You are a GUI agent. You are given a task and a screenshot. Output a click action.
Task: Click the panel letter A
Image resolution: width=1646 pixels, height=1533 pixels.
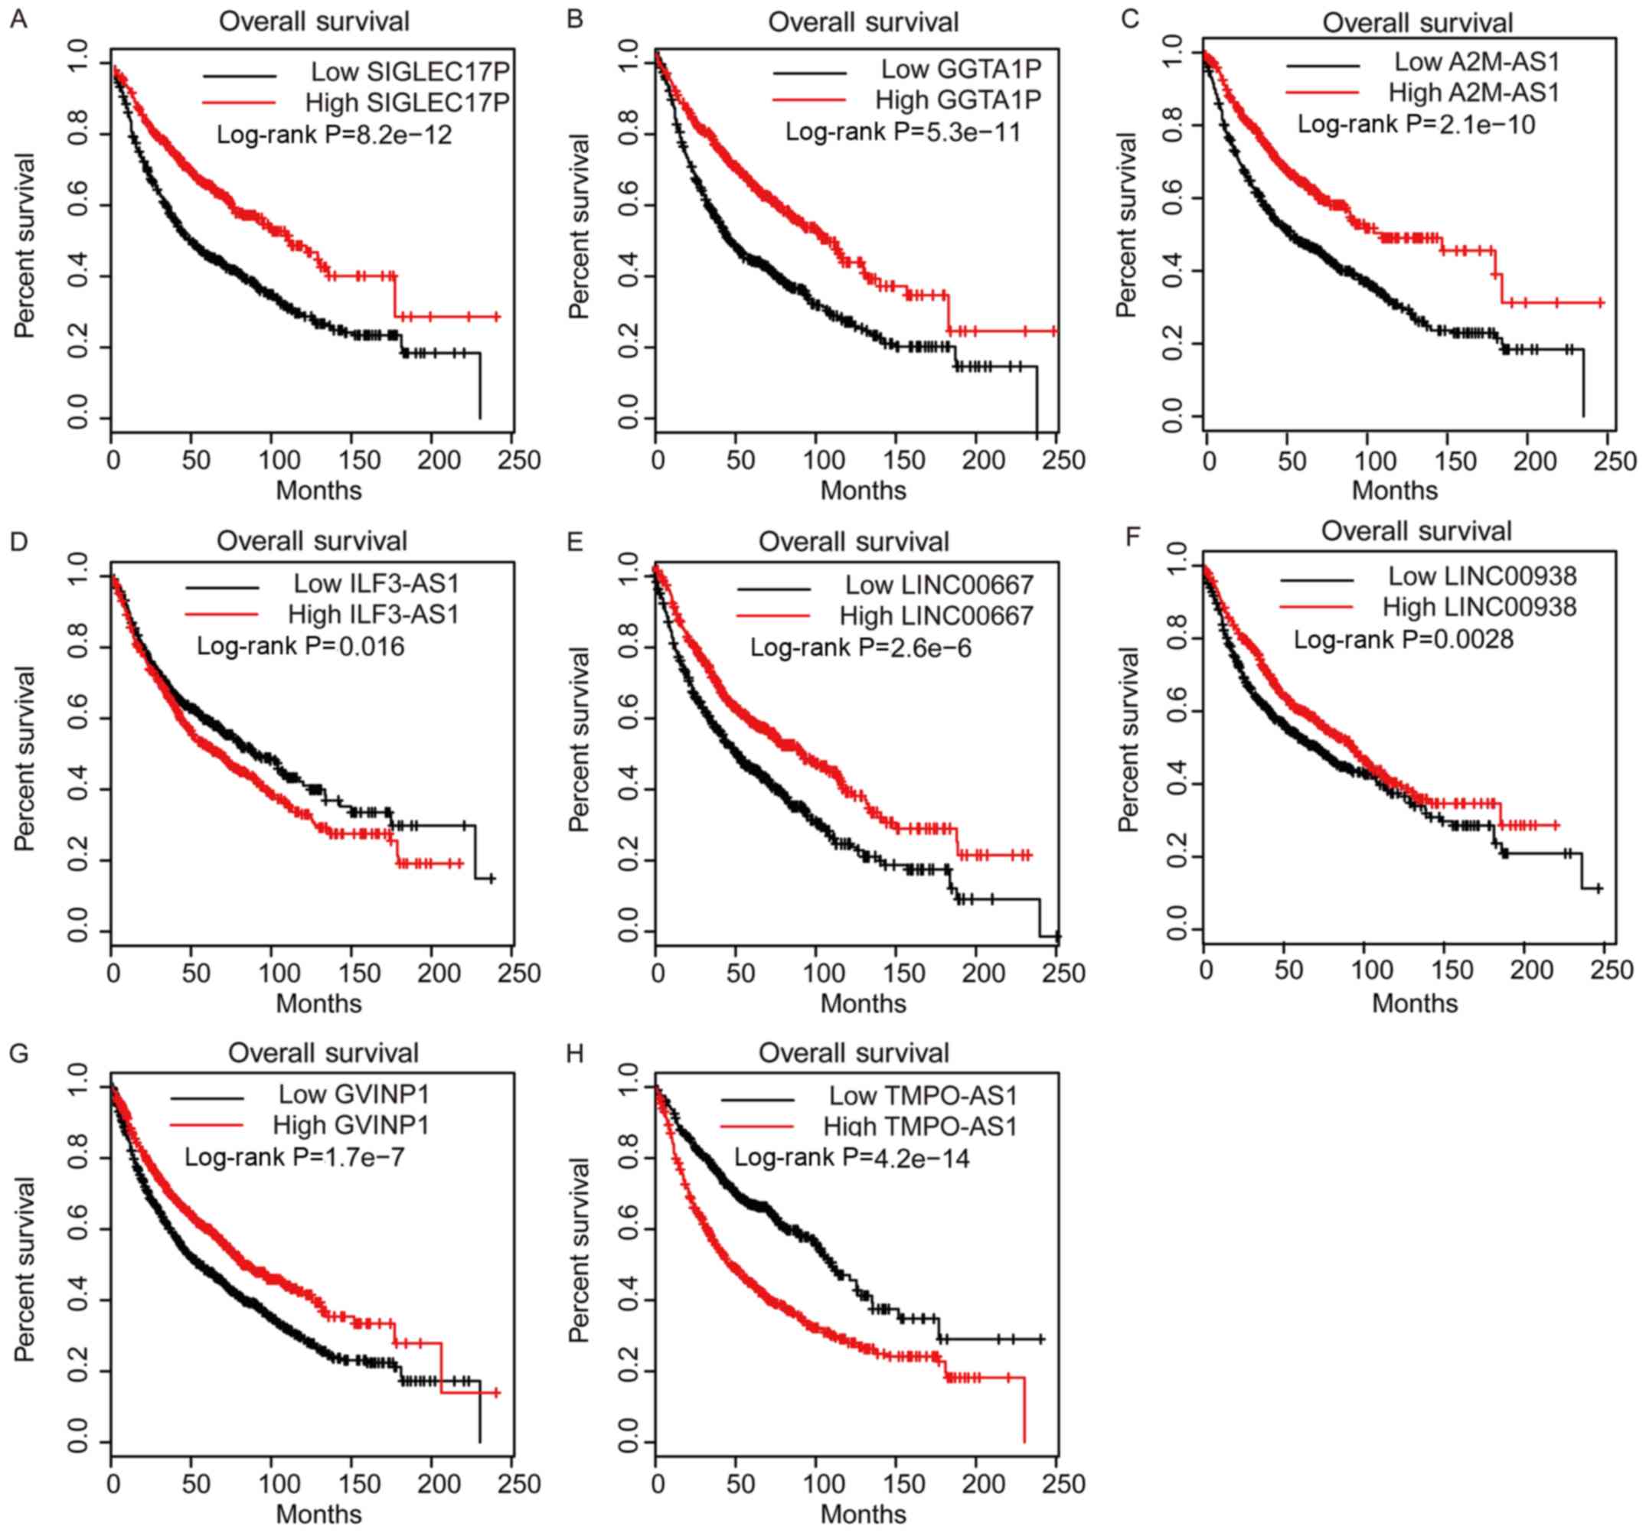coord(18,19)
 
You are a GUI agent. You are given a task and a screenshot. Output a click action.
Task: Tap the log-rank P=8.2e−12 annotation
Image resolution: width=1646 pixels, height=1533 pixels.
coord(334,133)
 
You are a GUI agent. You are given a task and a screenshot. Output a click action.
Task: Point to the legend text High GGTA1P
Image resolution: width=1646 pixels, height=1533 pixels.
coord(957,99)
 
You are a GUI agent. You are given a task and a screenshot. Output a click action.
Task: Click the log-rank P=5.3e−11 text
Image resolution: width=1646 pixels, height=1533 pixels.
coord(903,130)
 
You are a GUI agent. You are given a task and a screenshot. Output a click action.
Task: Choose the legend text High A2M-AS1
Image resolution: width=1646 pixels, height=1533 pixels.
coord(1474,92)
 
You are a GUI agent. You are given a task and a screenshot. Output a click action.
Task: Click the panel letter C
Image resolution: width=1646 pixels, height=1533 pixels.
coord(1129,19)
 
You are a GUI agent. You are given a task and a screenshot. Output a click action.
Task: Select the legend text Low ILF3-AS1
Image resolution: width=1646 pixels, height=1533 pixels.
coord(376,582)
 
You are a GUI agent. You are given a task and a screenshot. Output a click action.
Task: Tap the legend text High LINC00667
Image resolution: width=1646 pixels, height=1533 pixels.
coord(936,616)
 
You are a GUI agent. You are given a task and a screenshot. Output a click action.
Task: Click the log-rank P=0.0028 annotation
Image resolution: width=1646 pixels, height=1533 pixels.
coord(1403,639)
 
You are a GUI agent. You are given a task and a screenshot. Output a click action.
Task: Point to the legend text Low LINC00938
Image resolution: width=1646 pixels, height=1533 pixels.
coord(1482,576)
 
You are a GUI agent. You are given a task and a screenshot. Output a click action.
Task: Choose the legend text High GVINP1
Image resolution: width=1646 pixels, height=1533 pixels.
coord(350,1125)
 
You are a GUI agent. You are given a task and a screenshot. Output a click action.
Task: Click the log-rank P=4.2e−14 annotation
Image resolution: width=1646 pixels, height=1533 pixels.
coord(851,1157)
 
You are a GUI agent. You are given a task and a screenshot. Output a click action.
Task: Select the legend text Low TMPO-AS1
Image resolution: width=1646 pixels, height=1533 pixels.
coord(923,1096)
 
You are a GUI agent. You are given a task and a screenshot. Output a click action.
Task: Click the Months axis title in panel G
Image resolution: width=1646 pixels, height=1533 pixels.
coord(318,1514)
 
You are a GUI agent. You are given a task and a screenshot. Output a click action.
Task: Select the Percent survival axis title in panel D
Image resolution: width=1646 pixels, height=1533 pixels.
coord(24,758)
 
